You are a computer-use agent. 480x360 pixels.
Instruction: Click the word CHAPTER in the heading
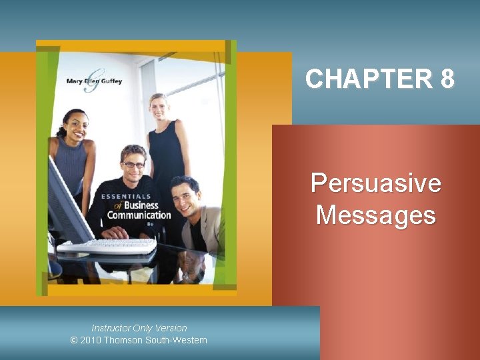pos(369,79)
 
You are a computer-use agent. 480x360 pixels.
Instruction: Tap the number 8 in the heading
pos(447,79)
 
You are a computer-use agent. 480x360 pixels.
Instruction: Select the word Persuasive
pos(376,183)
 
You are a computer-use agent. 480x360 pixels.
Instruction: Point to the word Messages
pos(376,215)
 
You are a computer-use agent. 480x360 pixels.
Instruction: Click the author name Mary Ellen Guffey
pos(94,81)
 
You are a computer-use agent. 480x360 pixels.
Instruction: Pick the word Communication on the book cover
pos(139,215)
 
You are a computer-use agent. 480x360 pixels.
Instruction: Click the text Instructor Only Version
pos(139,328)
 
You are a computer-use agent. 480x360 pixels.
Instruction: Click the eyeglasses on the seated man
pos(133,164)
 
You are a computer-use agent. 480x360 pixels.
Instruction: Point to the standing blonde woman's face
pos(159,107)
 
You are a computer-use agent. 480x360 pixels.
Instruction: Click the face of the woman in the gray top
pos(75,125)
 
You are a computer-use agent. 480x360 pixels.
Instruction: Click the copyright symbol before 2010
pos(74,340)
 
